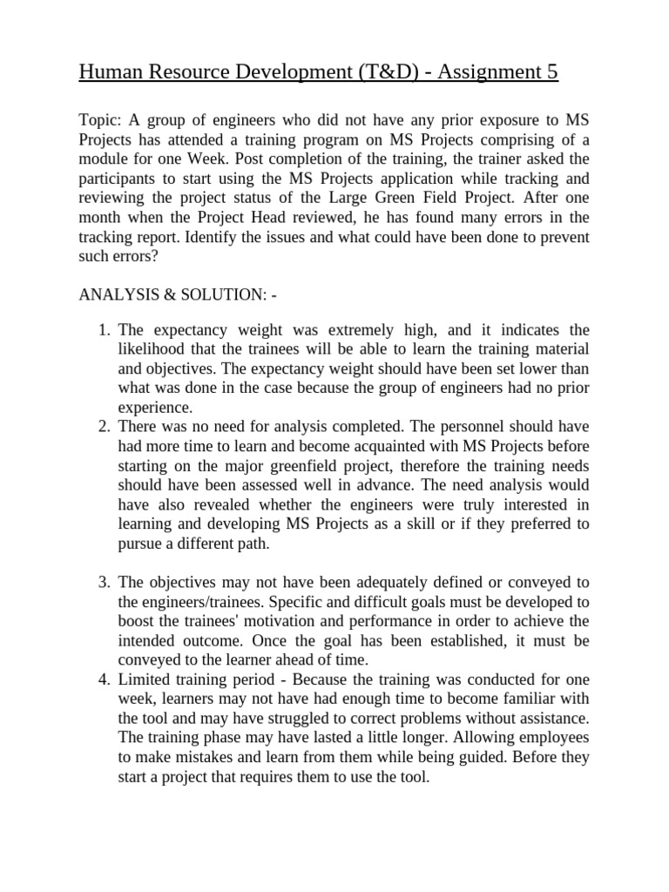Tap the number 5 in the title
click(x=552, y=72)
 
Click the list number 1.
click(x=103, y=331)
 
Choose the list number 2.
click(x=103, y=427)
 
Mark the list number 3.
click(x=103, y=582)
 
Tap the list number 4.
click(x=103, y=679)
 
